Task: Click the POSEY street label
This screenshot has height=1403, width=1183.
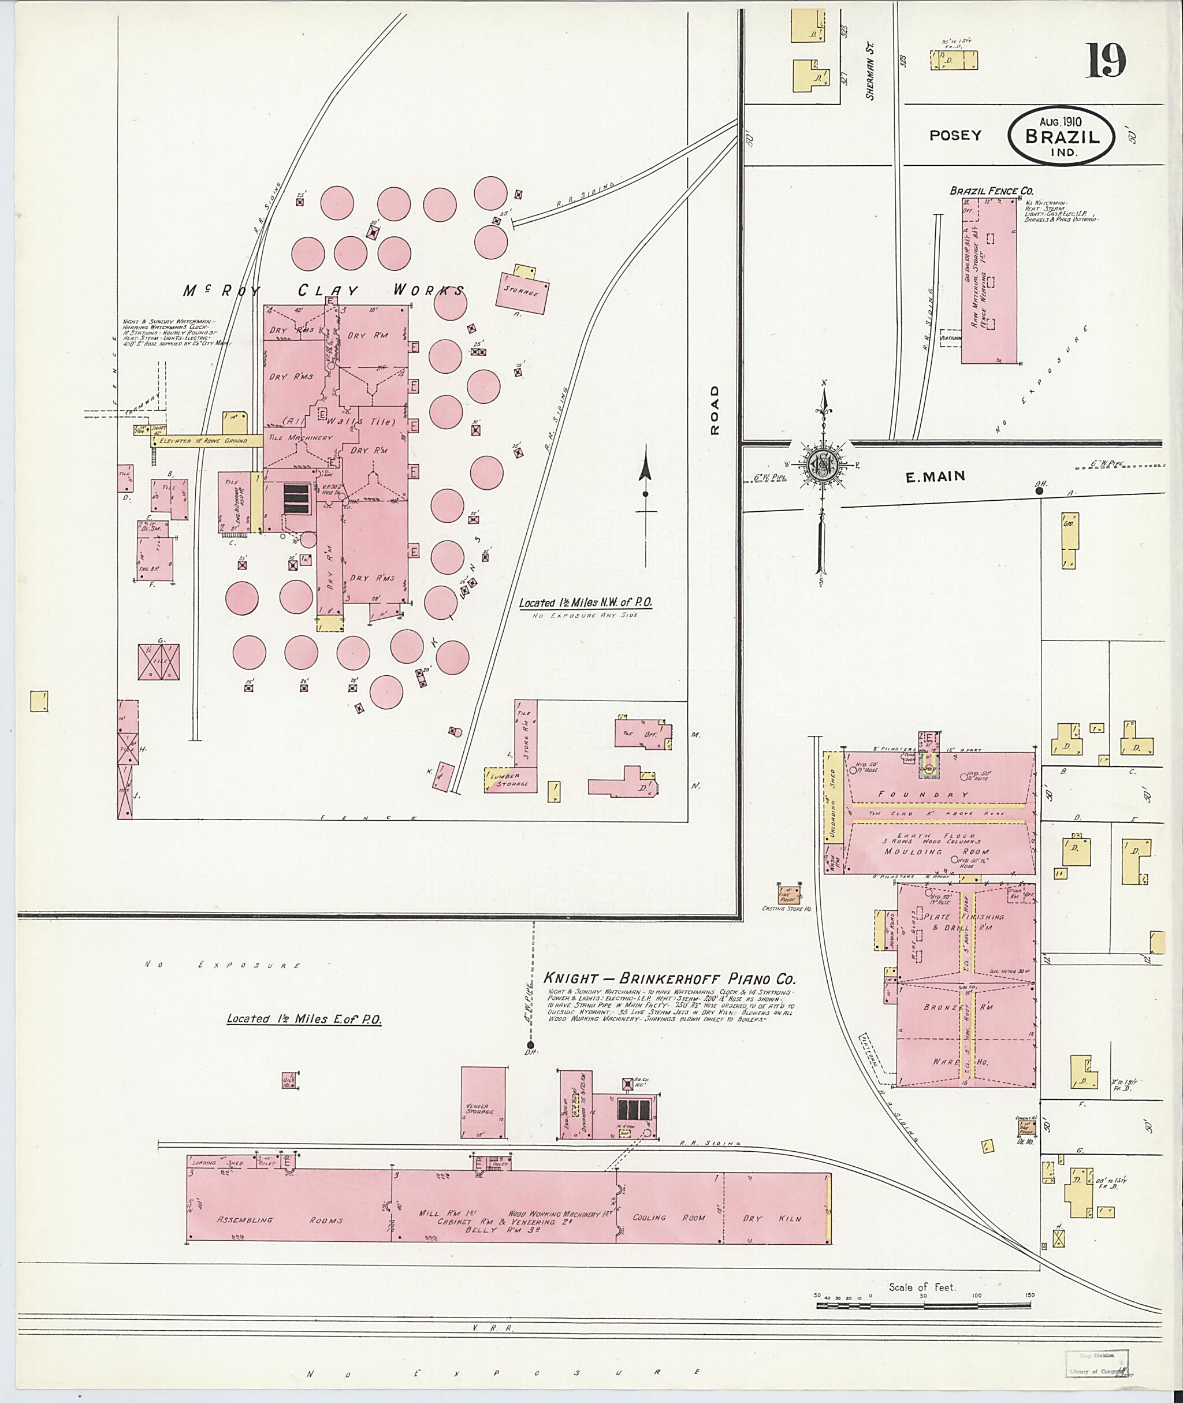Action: coord(955,136)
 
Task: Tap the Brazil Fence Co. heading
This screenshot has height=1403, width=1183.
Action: coord(991,191)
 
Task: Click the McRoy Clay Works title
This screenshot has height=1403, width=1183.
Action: coord(324,291)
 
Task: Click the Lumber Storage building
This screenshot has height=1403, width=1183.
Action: coord(511,780)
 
